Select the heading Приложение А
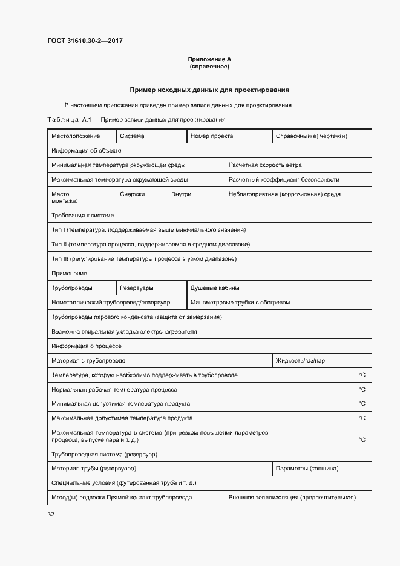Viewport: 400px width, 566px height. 209,59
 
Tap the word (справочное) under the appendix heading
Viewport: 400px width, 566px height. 209,67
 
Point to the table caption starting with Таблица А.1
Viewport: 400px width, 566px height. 136,119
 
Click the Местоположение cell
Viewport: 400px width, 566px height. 76,136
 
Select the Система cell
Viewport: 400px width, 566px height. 132,136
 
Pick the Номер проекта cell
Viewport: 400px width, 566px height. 212,136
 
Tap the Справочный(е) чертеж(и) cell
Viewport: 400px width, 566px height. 311,136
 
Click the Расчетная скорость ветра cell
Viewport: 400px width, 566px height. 265,165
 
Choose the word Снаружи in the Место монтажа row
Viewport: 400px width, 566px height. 133,194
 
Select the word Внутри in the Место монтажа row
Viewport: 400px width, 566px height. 181,194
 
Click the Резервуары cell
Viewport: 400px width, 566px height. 137,288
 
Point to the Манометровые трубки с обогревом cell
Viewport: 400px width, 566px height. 240,302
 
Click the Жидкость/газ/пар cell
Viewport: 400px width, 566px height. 300,361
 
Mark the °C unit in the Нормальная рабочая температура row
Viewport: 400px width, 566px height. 362,390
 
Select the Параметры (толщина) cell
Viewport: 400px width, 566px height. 307,469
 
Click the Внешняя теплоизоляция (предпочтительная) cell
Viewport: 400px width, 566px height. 292,498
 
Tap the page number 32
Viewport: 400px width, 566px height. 51,515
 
